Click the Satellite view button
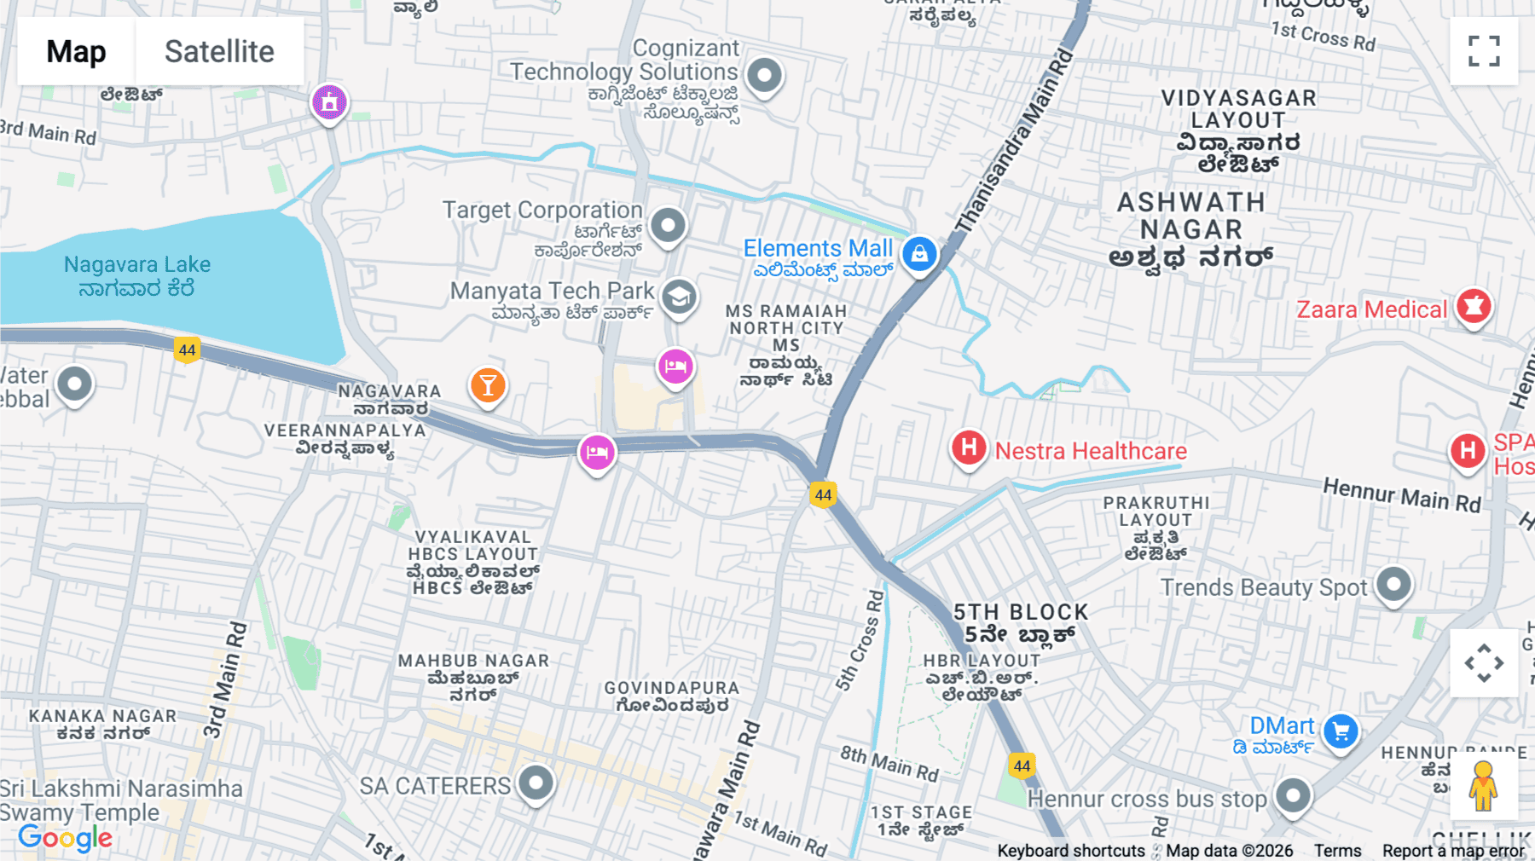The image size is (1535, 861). (x=219, y=51)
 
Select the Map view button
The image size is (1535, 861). (x=76, y=51)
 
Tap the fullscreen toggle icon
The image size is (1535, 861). (x=1484, y=51)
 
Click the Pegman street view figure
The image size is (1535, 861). (x=1484, y=786)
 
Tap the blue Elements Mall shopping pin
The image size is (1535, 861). (x=919, y=254)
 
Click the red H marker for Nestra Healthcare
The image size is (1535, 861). (x=969, y=448)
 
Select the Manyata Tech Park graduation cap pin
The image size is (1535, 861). (x=679, y=298)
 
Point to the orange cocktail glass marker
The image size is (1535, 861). (x=488, y=385)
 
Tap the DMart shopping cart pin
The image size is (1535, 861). (x=1341, y=731)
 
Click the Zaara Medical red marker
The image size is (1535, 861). (x=1474, y=306)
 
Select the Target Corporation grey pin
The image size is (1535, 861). (x=668, y=226)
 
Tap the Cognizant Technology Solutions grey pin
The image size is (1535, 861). (x=764, y=76)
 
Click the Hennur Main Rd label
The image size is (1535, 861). (x=1401, y=494)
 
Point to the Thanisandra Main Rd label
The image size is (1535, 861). (x=1015, y=141)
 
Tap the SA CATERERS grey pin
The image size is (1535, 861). (x=536, y=782)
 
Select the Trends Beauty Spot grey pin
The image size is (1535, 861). (x=1394, y=585)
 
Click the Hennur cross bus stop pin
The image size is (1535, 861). (x=1293, y=795)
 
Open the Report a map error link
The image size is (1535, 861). (x=1453, y=851)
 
